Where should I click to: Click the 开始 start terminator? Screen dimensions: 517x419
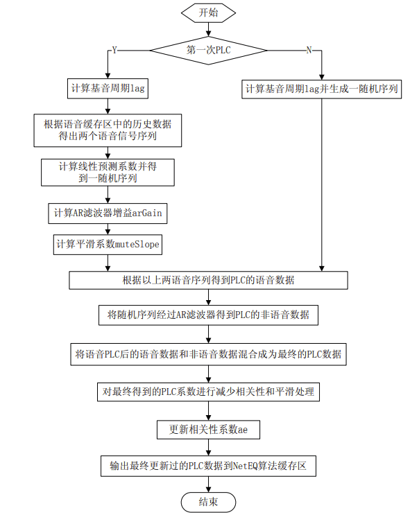tap(208, 13)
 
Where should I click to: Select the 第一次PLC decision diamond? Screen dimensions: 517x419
tap(208, 51)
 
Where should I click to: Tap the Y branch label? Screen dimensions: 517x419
tap(114, 51)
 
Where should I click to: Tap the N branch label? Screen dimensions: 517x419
tap(309, 51)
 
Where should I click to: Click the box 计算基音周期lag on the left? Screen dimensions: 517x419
tap(108, 89)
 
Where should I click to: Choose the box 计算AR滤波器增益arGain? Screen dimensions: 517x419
tap(108, 213)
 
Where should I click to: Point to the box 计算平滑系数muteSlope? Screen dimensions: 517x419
tap(108, 244)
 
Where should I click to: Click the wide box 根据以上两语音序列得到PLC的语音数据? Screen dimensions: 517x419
tap(208, 281)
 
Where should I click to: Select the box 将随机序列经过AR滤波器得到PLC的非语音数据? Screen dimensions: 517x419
tap(208, 315)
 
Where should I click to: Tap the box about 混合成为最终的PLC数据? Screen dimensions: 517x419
tap(208, 354)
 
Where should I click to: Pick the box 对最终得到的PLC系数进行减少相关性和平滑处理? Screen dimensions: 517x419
tap(208, 392)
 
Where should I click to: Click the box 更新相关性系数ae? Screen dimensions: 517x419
tap(208, 430)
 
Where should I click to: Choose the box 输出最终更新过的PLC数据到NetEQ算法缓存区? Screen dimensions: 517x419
tap(208, 466)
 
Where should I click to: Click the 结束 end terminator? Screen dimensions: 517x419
tap(208, 502)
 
